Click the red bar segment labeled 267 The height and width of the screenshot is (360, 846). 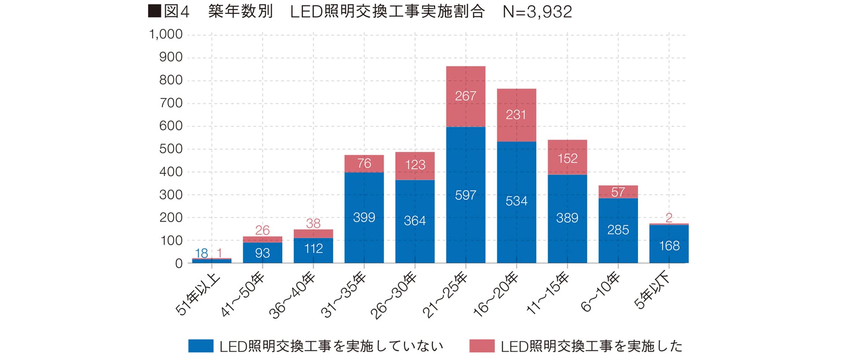coord(466,96)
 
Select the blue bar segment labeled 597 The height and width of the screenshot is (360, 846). coord(466,195)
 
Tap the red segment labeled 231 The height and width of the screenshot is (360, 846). coord(516,115)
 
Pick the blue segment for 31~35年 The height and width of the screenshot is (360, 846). coord(364,217)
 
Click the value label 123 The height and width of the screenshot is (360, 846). coord(415,165)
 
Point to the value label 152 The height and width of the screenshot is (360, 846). coord(567,158)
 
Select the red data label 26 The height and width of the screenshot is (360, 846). coord(262,230)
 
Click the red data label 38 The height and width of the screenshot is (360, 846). coord(313,223)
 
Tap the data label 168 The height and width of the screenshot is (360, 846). coord(669,246)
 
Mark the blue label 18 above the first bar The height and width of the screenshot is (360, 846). coord(201,253)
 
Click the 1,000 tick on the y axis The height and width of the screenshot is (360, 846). coord(166,34)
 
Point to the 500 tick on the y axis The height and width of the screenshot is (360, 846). coord(171,149)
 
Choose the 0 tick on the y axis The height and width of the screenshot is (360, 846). coord(178,264)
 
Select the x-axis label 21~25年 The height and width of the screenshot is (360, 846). coord(445,296)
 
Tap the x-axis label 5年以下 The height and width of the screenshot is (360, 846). coord(652,291)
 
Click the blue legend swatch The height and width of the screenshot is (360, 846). coord(201,346)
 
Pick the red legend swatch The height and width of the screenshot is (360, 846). coord(482,346)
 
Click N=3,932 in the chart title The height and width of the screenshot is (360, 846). coord(537,12)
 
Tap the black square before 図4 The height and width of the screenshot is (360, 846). coord(154,11)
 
